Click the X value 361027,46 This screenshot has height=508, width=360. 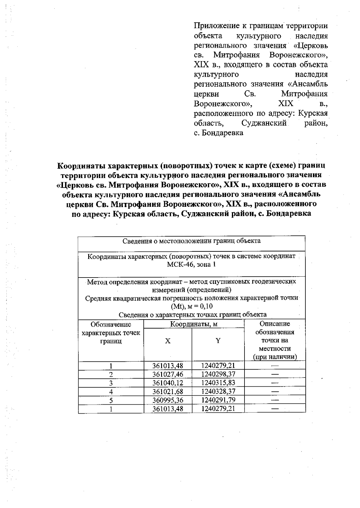pyautogui.click(x=168, y=374)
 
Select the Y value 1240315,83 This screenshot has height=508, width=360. pyautogui.click(x=218, y=383)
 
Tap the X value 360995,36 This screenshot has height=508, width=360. pyautogui.click(x=168, y=400)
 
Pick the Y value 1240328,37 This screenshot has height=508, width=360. pyautogui.click(x=218, y=391)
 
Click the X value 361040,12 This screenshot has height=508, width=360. pyautogui.click(x=168, y=383)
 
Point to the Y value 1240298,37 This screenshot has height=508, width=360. pyautogui.click(x=218, y=374)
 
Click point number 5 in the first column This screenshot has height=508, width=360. pyautogui.click(x=111, y=400)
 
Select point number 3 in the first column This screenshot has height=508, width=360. pyautogui.click(x=111, y=383)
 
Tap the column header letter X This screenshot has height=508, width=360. pyautogui.click(x=168, y=341)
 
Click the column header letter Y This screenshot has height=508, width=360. pyautogui.click(x=218, y=341)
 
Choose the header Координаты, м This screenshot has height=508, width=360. pyautogui.click(x=194, y=324)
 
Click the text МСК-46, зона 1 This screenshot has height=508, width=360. pyautogui.click(x=191, y=265)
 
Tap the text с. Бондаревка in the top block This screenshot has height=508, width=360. pyautogui.click(x=218, y=133)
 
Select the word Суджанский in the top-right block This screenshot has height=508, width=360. pyautogui.click(x=264, y=123)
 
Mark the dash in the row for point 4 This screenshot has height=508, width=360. pyautogui.click(x=274, y=391)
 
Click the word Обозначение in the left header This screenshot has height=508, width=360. pyautogui.click(x=111, y=324)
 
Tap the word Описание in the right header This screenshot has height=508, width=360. pyautogui.click(x=274, y=324)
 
